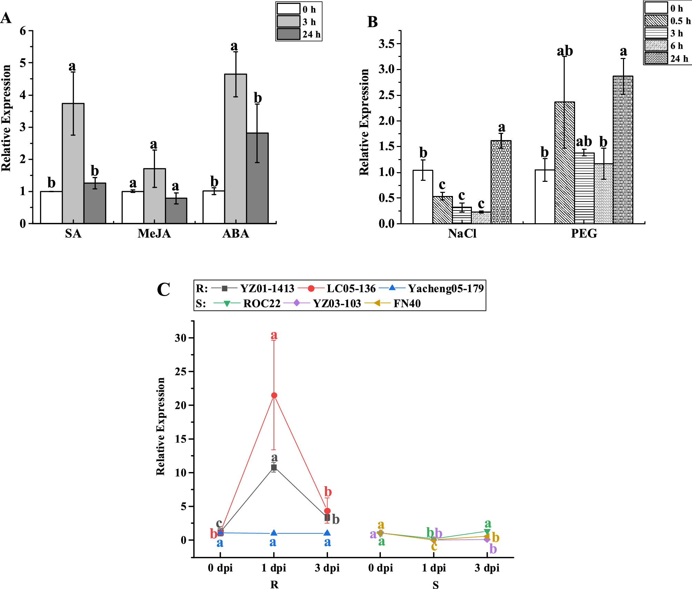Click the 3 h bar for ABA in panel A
pos(236,149)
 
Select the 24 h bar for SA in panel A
pos(95,203)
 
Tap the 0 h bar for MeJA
pos(132,207)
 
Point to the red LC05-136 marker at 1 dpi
pos(274,395)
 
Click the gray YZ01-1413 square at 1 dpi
pos(274,468)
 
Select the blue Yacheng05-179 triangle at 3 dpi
pos(327,533)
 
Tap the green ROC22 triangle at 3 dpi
pos(487,532)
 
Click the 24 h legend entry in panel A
pos(299,35)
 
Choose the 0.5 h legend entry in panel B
pos(667,21)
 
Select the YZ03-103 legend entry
pos(323,303)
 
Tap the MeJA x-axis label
pos(154,234)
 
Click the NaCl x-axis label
pos(462,234)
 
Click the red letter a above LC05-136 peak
pos(274,335)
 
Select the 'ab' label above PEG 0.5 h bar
pos(565,51)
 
